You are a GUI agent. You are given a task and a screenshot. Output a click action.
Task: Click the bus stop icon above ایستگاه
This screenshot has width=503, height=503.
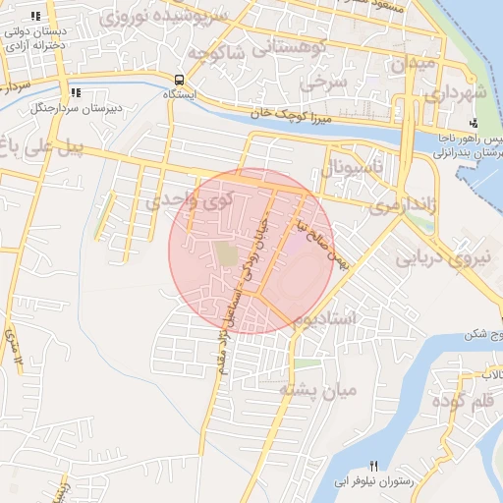(x=179, y=80)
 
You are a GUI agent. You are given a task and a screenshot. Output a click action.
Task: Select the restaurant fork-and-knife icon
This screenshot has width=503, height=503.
(x=372, y=465)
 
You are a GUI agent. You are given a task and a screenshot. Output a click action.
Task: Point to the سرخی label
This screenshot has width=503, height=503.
(x=324, y=84)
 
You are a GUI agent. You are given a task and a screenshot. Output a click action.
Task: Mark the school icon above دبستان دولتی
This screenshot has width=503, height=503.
(x=36, y=16)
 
